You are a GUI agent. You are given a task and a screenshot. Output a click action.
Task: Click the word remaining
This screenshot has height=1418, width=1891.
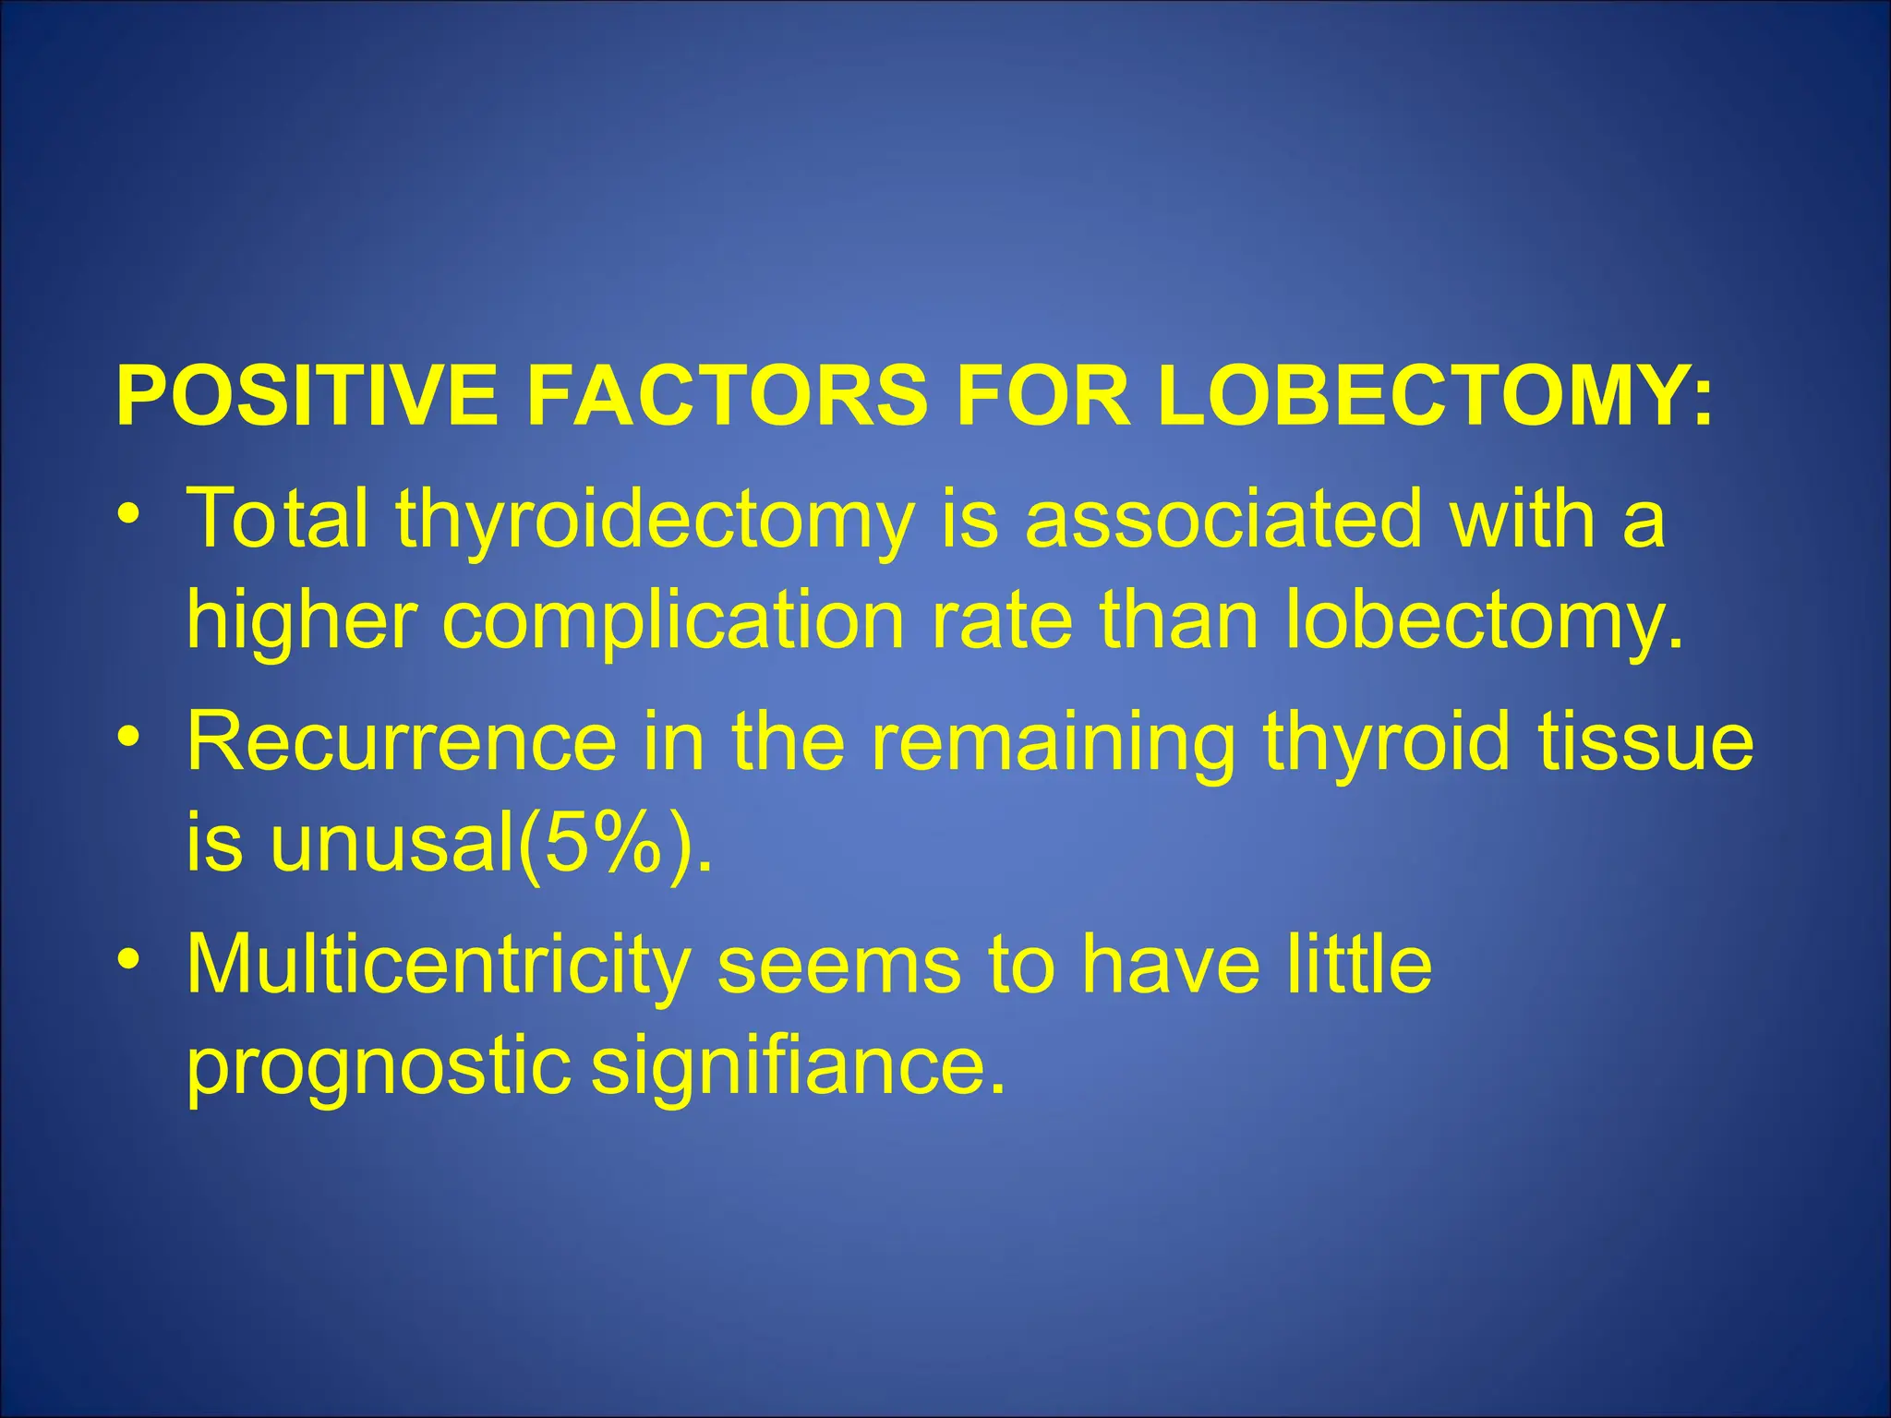pos(1053,744)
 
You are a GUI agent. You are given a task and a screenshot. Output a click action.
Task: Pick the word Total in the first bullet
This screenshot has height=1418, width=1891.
pos(277,518)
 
